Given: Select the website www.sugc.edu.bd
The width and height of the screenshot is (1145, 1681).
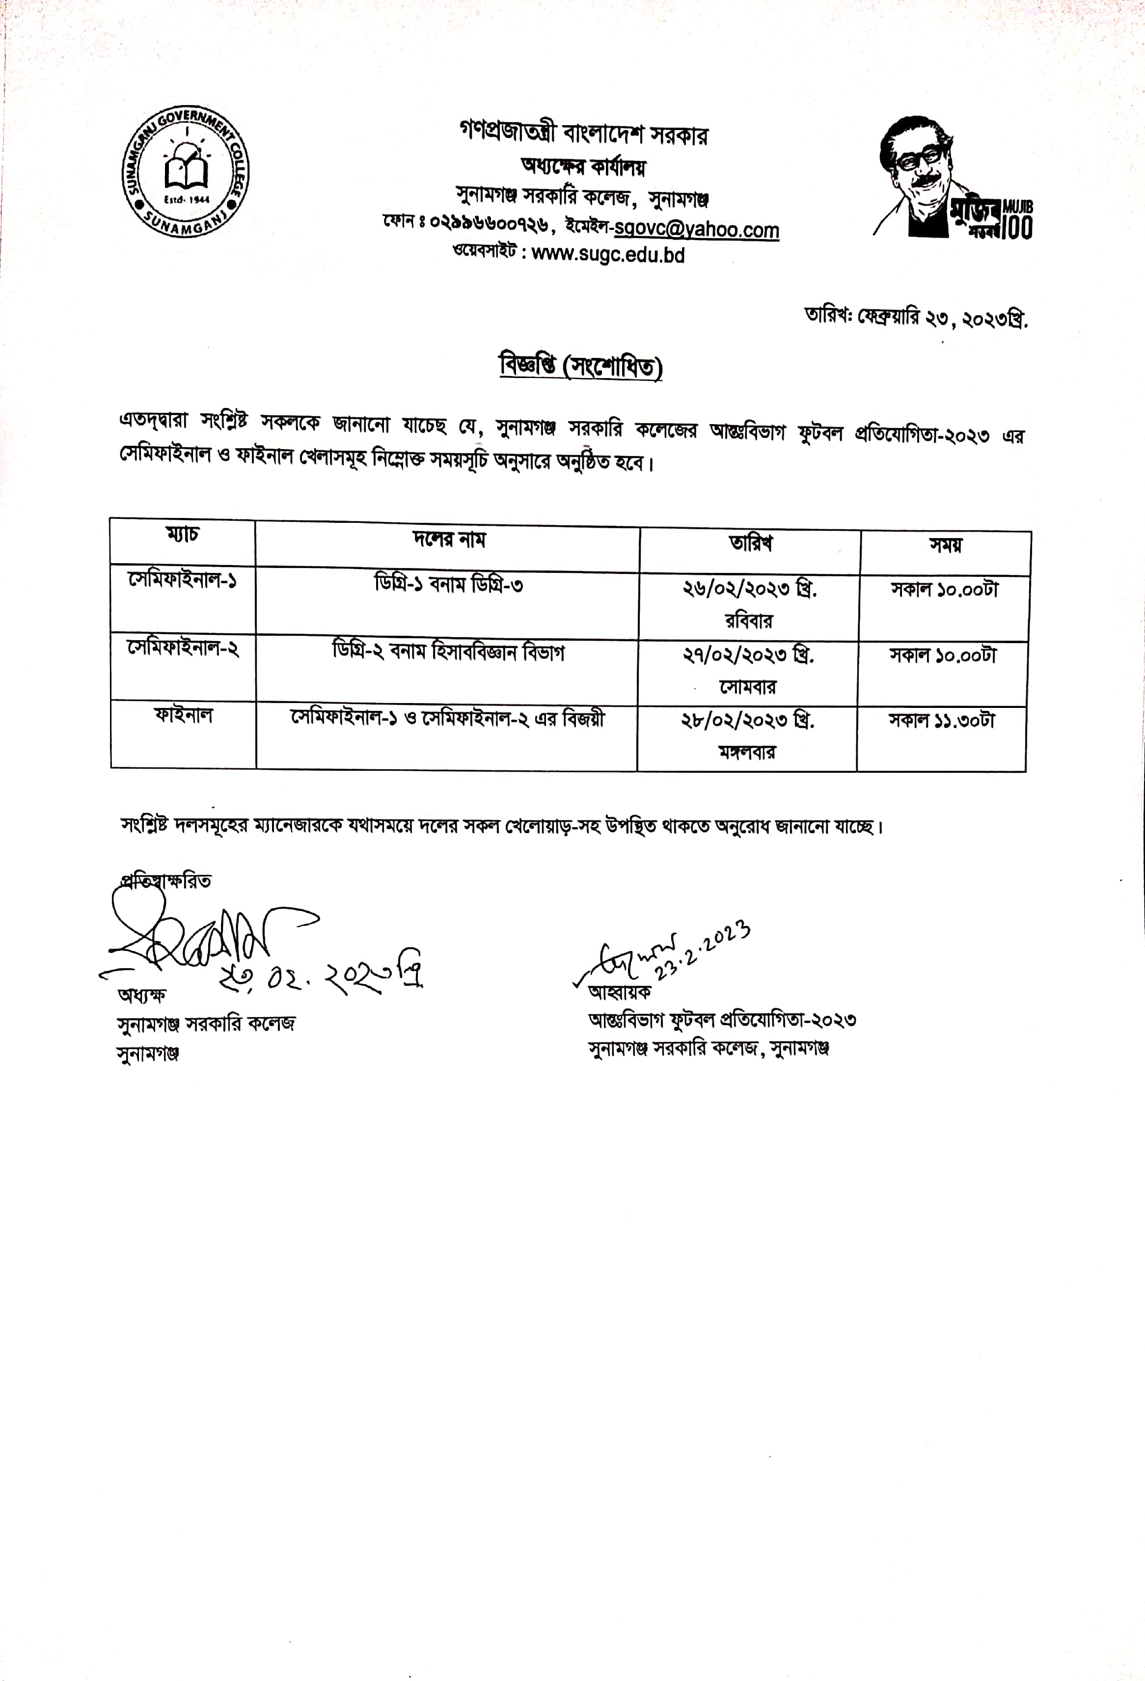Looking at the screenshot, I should [x=607, y=255].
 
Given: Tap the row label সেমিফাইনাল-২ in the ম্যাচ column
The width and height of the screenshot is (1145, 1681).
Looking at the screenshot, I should [x=183, y=648].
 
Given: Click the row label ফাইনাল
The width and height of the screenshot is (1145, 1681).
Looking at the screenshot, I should [x=183, y=715].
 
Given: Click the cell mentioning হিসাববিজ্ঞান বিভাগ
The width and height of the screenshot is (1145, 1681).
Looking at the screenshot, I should [x=448, y=651].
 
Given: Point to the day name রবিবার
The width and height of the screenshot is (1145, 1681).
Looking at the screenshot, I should [x=749, y=620].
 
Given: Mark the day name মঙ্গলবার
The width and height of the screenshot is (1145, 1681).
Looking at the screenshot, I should [x=747, y=752].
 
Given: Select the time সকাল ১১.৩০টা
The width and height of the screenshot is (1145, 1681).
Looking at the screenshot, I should [x=942, y=720].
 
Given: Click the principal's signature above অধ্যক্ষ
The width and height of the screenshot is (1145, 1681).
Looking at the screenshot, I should [x=195, y=937].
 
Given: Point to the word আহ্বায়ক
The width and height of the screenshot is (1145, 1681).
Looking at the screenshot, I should [x=620, y=992].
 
